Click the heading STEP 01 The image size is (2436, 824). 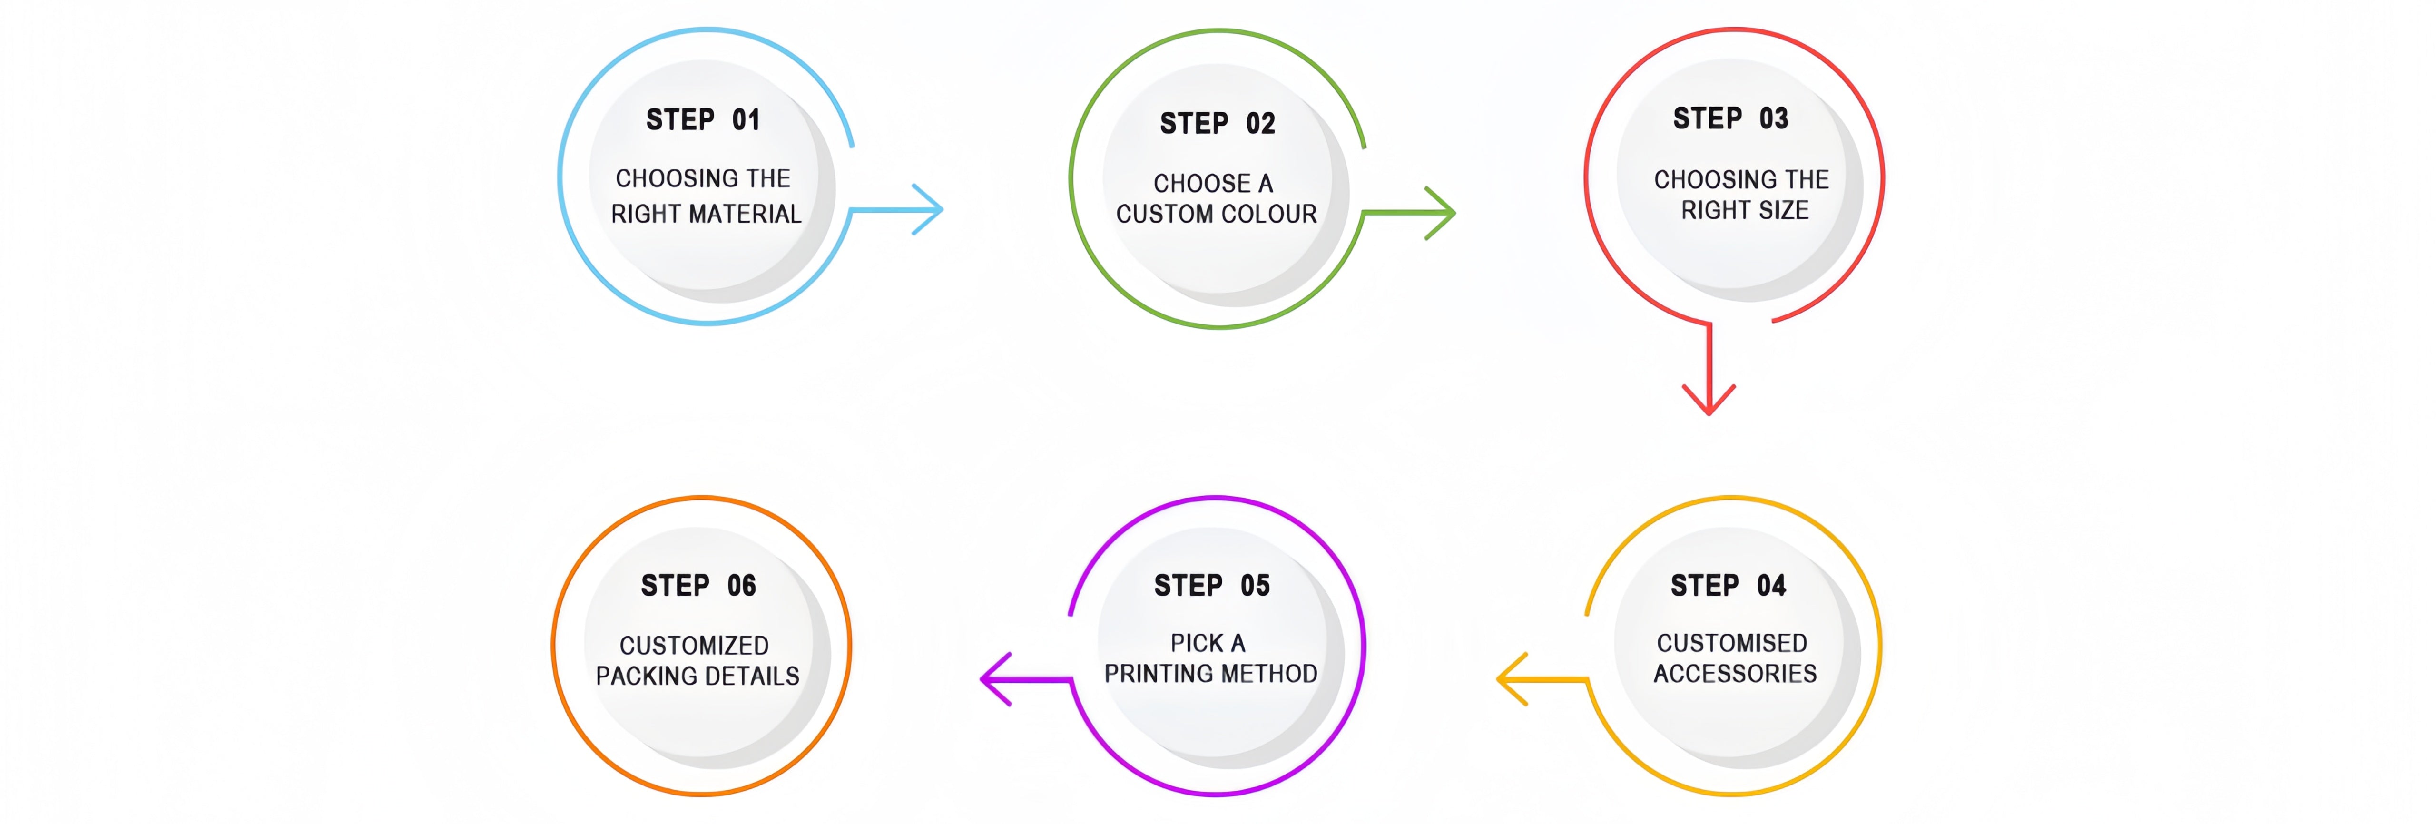(x=703, y=120)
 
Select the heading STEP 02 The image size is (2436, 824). (x=1217, y=124)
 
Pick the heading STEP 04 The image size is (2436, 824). (x=1728, y=586)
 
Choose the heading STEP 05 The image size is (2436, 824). (x=1211, y=586)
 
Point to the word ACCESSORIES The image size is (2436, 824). (x=1734, y=674)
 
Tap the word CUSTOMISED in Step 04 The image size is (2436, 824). (x=1731, y=643)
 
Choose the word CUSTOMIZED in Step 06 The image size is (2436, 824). (x=694, y=645)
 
